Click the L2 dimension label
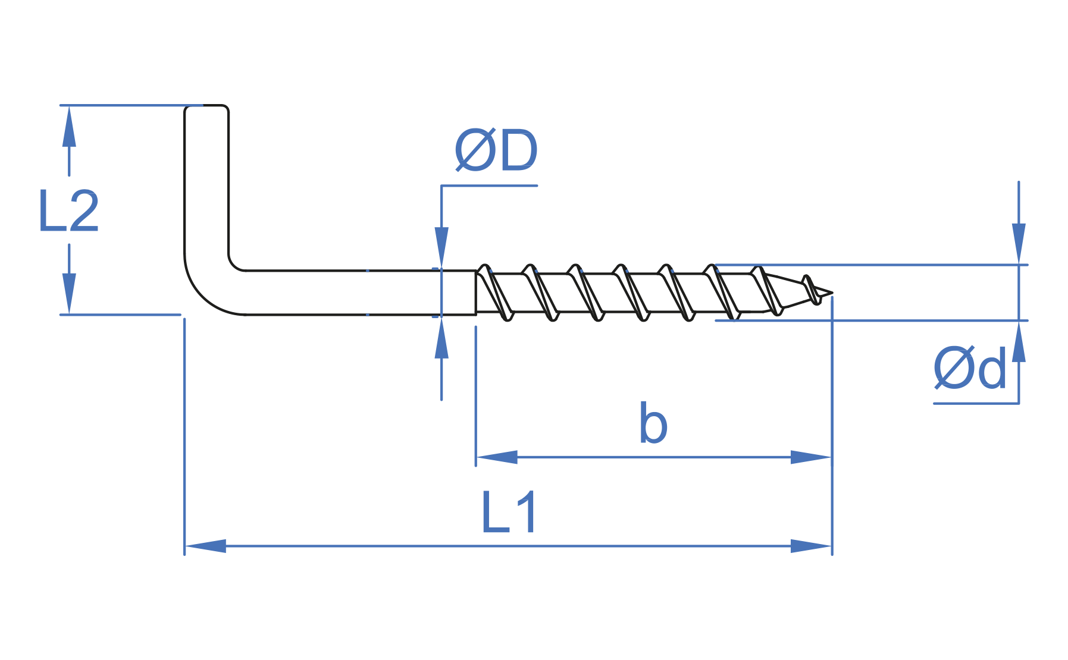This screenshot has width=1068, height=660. [x=68, y=212]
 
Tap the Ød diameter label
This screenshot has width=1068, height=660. [x=970, y=369]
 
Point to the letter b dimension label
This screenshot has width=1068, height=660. [x=653, y=424]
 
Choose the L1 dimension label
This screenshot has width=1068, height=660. [x=509, y=513]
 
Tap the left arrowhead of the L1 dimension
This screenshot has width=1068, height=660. [x=206, y=546]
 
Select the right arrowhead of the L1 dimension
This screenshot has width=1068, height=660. [x=811, y=546]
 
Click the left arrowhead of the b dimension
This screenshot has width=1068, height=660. [x=497, y=457]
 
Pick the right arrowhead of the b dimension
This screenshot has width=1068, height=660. [x=810, y=457]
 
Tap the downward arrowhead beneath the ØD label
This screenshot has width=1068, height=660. [x=441, y=247]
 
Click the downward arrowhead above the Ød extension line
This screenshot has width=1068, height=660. [x=1019, y=244]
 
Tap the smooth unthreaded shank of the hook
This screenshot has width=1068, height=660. [x=357, y=293]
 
